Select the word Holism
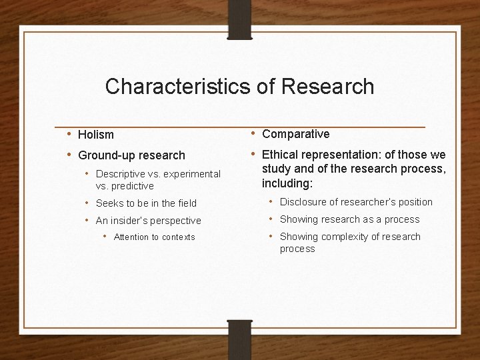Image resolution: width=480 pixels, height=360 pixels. click(96, 135)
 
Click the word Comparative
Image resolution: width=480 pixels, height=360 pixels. click(296, 134)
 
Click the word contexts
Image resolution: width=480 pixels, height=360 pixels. click(179, 237)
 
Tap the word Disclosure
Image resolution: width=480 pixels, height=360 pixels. click(302, 202)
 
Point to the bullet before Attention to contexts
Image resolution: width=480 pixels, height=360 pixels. click(105, 237)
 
